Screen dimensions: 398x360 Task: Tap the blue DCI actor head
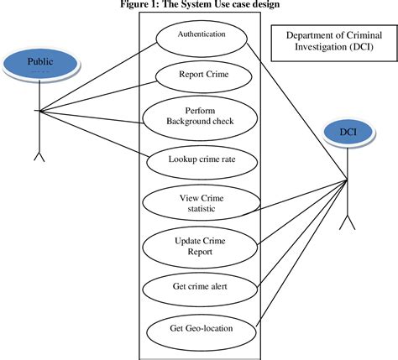tap(348, 133)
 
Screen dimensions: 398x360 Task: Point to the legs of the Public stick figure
tap(39, 157)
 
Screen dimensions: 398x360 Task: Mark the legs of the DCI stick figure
tap(348, 222)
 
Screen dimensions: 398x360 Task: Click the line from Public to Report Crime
tap(98, 97)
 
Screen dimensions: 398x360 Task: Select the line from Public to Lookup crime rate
tap(94, 133)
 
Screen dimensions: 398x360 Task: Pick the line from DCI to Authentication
tap(297, 111)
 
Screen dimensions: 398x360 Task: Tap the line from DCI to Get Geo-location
tap(301, 253)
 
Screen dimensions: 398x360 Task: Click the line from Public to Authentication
tap(98, 77)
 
